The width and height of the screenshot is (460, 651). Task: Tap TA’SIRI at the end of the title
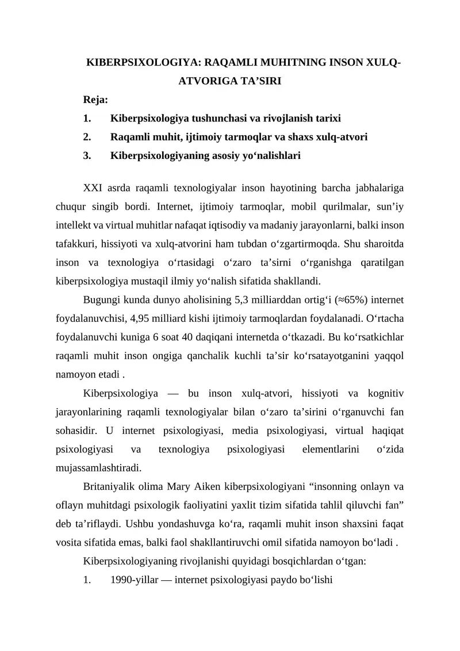coord(257,81)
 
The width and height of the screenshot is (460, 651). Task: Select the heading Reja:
coord(95,100)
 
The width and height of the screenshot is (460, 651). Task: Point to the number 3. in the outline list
coord(87,155)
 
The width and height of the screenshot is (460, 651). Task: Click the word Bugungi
coord(102,300)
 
